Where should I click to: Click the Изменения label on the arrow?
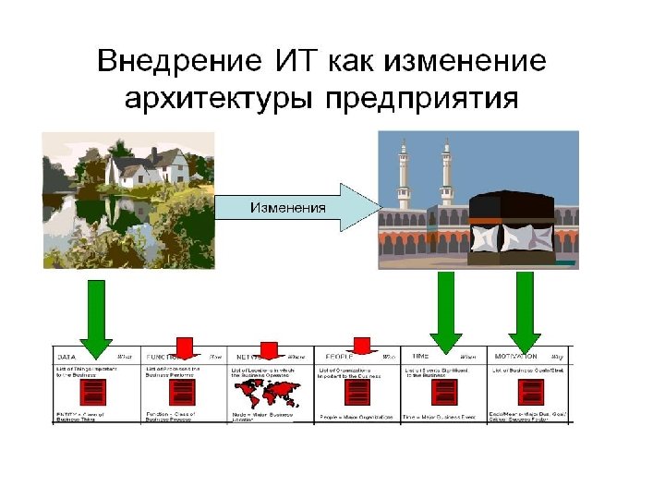(287, 207)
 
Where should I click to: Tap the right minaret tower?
(447, 176)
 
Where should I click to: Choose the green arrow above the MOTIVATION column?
(525, 314)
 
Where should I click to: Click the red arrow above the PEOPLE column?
(361, 347)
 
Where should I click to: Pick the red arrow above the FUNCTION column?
(184, 347)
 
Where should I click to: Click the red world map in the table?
(272, 392)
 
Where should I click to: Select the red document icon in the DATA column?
(94, 392)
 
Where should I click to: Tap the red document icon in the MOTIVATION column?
(531, 392)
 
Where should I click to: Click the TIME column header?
(421, 356)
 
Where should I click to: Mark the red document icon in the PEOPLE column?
(357, 392)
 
